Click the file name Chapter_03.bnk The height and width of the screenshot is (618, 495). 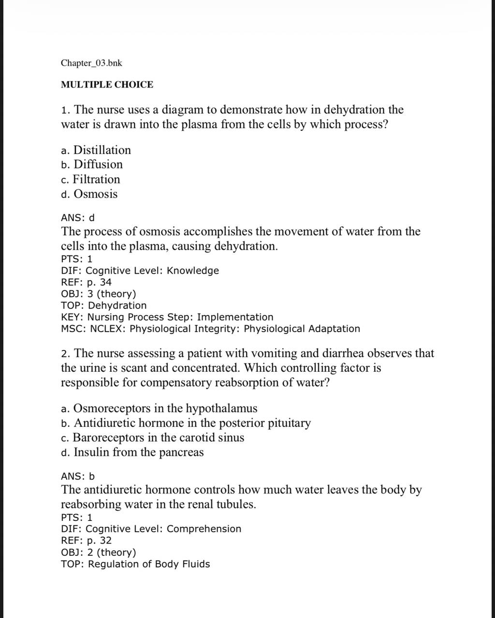88,63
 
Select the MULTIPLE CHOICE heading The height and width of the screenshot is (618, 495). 107,85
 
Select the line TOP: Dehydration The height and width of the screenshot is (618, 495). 103,306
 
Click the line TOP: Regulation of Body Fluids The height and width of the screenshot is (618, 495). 135,564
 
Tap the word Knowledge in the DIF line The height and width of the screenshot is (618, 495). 193,271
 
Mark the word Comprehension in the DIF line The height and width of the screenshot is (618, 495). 204,529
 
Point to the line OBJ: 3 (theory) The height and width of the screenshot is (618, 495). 98,294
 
